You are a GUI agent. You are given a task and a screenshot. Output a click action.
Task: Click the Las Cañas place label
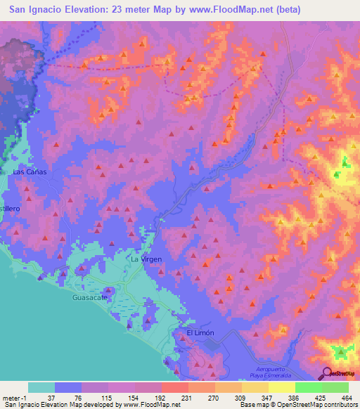tap(29, 171)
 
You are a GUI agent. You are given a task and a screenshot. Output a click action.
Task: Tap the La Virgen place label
tap(147, 259)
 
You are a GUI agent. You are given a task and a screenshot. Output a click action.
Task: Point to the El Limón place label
tap(200, 332)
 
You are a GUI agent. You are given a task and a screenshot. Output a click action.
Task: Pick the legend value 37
tap(54, 398)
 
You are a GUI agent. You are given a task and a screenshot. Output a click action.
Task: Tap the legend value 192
tap(160, 398)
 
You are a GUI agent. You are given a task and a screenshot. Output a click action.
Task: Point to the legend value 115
tap(108, 398)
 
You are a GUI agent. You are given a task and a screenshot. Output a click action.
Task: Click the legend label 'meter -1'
tap(14, 398)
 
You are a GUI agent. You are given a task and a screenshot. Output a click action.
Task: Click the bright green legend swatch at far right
tap(335, 387)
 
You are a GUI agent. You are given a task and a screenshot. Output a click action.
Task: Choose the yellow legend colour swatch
tap(281, 387)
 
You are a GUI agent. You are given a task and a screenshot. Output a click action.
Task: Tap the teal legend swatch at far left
tap(41, 387)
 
